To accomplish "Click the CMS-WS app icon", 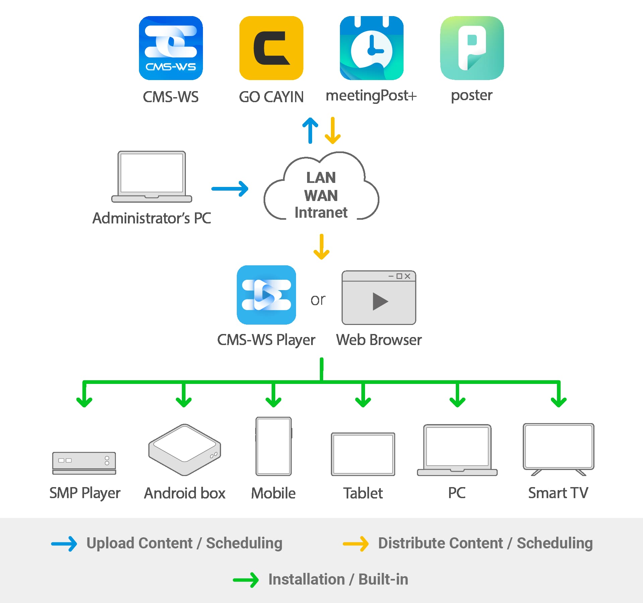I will [x=171, y=48].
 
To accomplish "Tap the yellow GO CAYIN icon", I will [x=271, y=48].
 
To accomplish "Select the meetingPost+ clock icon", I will [x=371, y=48].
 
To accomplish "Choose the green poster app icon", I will [x=472, y=48].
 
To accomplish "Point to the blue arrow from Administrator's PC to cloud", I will [x=230, y=189].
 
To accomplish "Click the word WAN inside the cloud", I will [x=321, y=196].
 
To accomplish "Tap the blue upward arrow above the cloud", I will [x=310, y=130].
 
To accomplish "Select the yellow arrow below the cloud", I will [x=321, y=247].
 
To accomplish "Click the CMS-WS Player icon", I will [x=266, y=295].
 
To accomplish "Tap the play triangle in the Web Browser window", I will [x=380, y=301].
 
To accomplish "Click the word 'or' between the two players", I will [x=317, y=300].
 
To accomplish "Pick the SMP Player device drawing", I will [x=84, y=463].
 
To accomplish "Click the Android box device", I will [x=185, y=450].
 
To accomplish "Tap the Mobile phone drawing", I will [x=274, y=446].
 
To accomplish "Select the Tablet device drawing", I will [x=363, y=454].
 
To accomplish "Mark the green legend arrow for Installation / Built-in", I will [x=246, y=580].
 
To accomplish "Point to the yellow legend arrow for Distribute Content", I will [x=356, y=543].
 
